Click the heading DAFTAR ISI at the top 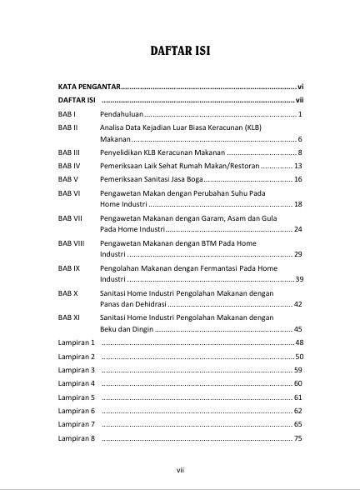point(179,51)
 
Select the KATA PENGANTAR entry point(89,86)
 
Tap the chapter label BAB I point(67,112)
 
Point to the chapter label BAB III point(69,152)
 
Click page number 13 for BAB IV point(297,166)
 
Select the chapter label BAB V point(67,179)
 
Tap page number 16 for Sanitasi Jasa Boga point(297,179)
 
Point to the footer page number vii point(180,470)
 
